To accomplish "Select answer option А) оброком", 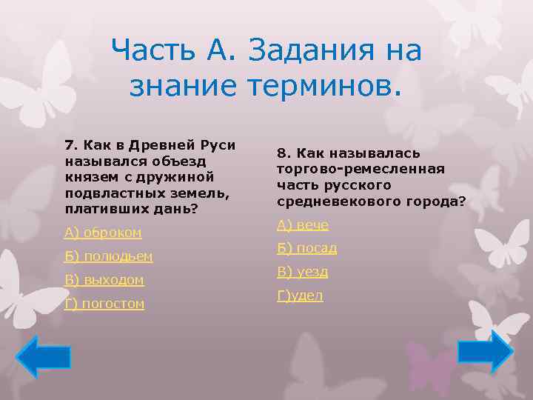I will click(103, 233).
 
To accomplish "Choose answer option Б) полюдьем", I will click(108, 256).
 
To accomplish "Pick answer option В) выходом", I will click(104, 280).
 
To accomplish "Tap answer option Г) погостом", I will click(104, 304).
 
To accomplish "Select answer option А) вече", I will click(303, 224).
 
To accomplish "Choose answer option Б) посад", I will click(307, 248).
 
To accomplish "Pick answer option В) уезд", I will click(303, 272).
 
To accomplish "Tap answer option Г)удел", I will click(300, 296).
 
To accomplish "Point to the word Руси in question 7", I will click(218, 144).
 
